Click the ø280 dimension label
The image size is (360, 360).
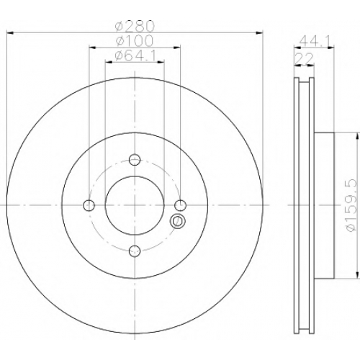coord(134,27)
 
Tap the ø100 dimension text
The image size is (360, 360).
coord(134,40)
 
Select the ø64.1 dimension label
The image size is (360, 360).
coord(135,55)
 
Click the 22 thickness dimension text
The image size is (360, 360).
coord(304,58)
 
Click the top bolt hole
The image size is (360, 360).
coord(135,159)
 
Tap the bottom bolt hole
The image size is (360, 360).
coord(135,251)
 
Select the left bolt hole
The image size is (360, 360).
coord(89,205)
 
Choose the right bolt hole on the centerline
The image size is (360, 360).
coord(180,205)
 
